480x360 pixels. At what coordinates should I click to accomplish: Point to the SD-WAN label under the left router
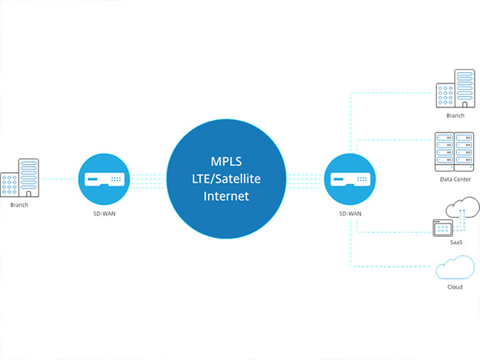pyautogui.click(x=105, y=214)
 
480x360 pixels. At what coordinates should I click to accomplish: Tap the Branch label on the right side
pyautogui.click(x=455, y=116)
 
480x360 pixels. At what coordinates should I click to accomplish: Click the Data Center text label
pyautogui.click(x=455, y=179)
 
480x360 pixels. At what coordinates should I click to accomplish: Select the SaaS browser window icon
pyautogui.click(x=442, y=228)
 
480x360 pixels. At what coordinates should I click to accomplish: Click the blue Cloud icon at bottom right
pyautogui.click(x=455, y=267)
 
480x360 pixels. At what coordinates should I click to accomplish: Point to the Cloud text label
pyautogui.click(x=455, y=287)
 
